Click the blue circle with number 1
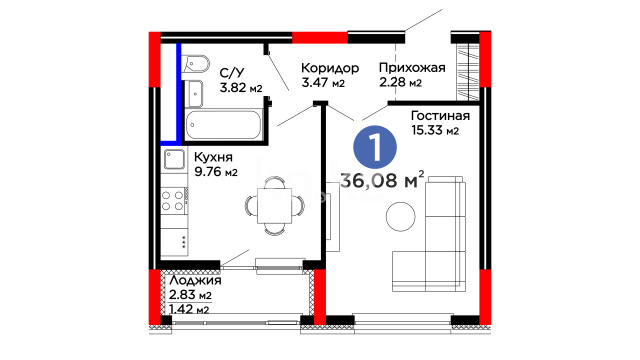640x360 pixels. [x=375, y=147]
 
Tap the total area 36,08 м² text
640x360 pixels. [x=382, y=180]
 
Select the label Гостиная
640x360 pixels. [x=440, y=116]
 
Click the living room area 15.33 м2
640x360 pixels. [x=435, y=130]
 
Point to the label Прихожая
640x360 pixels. [x=412, y=68]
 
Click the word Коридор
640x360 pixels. [x=330, y=68]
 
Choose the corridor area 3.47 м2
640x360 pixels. [x=323, y=82]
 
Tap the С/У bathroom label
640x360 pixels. [x=232, y=73]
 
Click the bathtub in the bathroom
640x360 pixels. [x=223, y=125]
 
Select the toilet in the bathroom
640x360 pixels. [x=196, y=64]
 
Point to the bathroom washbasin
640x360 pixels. [x=194, y=94]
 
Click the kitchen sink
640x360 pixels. [x=174, y=160]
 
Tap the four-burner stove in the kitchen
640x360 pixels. [x=173, y=201]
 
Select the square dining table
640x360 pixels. [x=275, y=206]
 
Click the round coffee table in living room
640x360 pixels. [x=400, y=216]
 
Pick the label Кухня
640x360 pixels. [x=213, y=157]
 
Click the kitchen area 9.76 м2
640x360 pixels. [x=216, y=172]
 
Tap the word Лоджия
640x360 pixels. [x=195, y=281]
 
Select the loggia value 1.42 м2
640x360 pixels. [x=189, y=309]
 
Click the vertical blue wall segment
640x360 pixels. [x=178, y=92]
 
